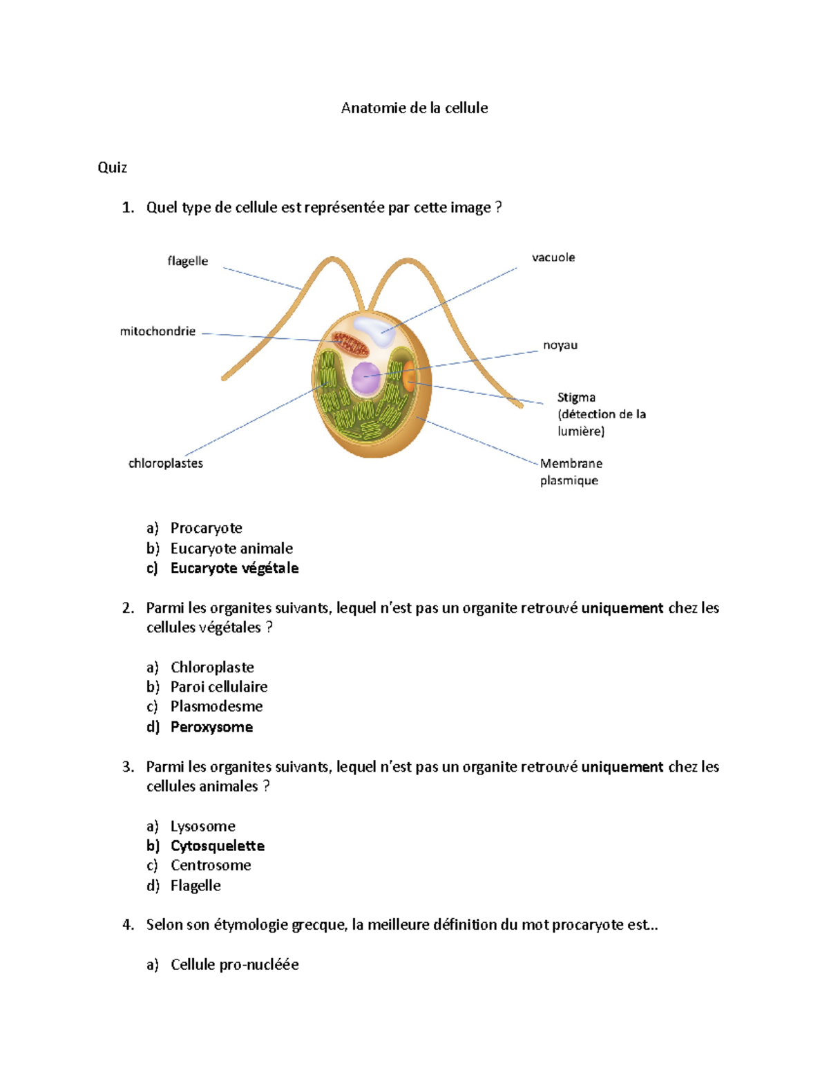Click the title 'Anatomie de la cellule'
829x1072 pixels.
pos(414,108)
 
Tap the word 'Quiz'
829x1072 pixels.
pos(113,168)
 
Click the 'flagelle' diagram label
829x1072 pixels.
pos(187,261)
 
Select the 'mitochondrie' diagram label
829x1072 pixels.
pos(158,331)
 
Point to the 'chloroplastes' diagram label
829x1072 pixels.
pos(166,463)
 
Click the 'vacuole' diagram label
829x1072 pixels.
pos(553,257)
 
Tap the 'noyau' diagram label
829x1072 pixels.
pos(560,345)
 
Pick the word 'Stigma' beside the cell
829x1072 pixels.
pos(576,398)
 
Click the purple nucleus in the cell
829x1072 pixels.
pos(365,378)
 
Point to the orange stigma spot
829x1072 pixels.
pos(409,376)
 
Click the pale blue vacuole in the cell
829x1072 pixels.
pos(374,329)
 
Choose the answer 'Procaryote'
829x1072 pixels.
pos(206,528)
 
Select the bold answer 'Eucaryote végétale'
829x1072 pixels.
pos(234,568)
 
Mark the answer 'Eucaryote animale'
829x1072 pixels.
pos(231,548)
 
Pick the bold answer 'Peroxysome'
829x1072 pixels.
pos(211,727)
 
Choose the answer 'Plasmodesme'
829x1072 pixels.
pos(216,706)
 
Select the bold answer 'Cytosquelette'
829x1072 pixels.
pos(218,846)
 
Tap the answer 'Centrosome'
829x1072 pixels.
pos(211,866)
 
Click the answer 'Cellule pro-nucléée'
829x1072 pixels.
pos(235,964)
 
